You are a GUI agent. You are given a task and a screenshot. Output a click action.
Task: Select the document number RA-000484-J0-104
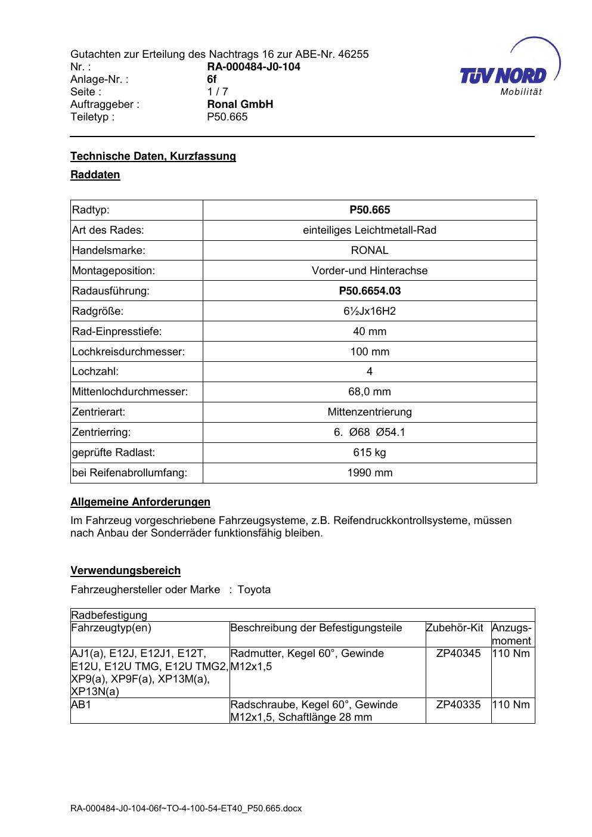pyautogui.click(x=253, y=67)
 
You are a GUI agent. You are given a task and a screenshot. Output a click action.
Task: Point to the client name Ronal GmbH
pyautogui.click(x=240, y=104)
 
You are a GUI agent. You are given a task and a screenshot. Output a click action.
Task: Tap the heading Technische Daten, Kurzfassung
pyautogui.click(x=153, y=156)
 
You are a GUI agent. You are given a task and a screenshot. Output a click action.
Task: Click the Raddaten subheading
pyautogui.click(x=95, y=175)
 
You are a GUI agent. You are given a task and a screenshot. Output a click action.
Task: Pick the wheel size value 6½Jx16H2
pyautogui.click(x=370, y=311)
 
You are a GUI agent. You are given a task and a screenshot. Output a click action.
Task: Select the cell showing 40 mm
pyautogui.click(x=370, y=331)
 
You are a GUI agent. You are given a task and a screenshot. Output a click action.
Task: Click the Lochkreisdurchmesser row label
pyautogui.click(x=129, y=352)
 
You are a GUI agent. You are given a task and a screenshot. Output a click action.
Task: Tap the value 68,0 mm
pyautogui.click(x=370, y=392)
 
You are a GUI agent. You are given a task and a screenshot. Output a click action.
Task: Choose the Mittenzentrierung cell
pyautogui.click(x=370, y=412)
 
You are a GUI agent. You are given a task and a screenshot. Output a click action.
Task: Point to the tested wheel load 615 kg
pyautogui.click(x=370, y=452)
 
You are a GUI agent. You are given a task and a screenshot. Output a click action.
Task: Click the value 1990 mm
pyautogui.click(x=370, y=473)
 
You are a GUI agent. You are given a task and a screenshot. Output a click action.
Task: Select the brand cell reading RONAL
pyautogui.click(x=370, y=250)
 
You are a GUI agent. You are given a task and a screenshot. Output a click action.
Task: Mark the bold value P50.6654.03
pyautogui.click(x=370, y=291)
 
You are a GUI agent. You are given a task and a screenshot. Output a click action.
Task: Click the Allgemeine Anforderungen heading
pyautogui.click(x=141, y=502)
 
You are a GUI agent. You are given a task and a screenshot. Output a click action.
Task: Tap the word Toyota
pyautogui.click(x=254, y=590)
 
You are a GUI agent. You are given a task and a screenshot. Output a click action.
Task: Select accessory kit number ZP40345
pyautogui.click(x=458, y=653)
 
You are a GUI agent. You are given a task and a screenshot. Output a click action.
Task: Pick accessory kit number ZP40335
pyautogui.click(x=458, y=705)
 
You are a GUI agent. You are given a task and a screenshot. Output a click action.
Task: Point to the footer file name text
pyautogui.click(x=186, y=808)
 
